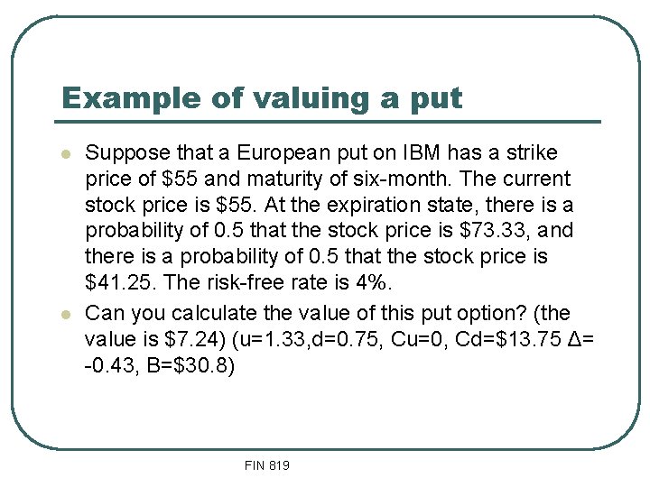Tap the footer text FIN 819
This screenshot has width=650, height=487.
tap(266, 465)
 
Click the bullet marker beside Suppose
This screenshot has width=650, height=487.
tap(67, 153)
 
